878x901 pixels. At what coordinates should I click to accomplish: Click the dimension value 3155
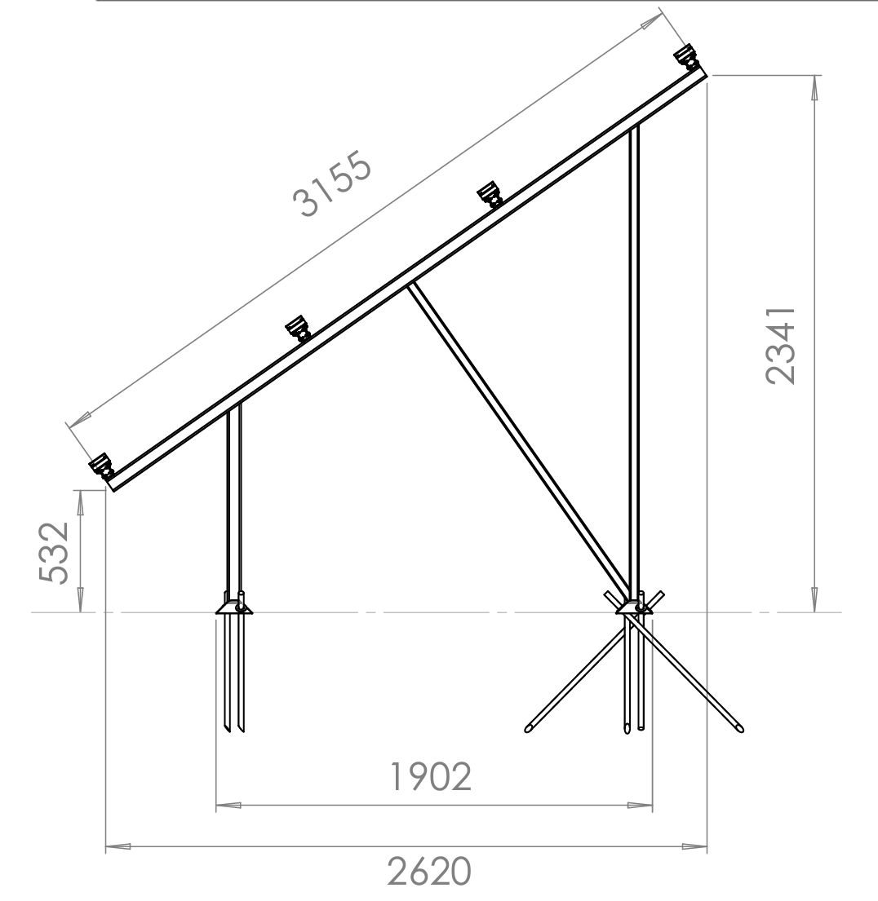pyautogui.click(x=332, y=184)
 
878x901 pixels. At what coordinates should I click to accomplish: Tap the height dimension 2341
pyautogui.click(x=781, y=345)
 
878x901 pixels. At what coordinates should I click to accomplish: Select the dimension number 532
pyautogui.click(x=54, y=552)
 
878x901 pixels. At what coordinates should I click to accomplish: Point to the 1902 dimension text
pyautogui.click(x=431, y=776)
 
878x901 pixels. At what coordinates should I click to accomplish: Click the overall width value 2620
pyautogui.click(x=429, y=871)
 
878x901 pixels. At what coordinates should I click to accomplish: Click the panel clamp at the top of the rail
pyautogui.click(x=686, y=58)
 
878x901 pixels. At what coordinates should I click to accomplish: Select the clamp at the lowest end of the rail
pyautogui.click(x=102, y=466)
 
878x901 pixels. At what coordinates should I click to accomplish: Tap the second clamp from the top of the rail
pyautogui.click(x=490, y=193)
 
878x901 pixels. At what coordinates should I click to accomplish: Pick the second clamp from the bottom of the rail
pyautogui.click(x=299, y=328)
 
